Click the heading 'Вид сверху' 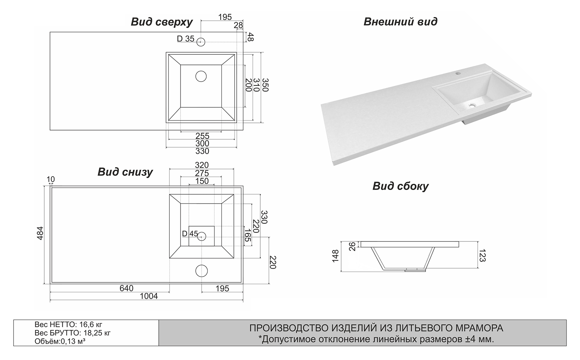161,22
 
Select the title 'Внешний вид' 400,22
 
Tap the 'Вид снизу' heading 125,172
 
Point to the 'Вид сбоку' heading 400,186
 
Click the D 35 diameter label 186,39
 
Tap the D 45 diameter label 190,234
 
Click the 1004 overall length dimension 149,296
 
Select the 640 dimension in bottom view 126,288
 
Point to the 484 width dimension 40,233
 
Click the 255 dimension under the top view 202,136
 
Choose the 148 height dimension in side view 335,256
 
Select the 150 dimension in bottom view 202,181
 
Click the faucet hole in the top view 201,42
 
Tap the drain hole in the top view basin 201,76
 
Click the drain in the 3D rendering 472,105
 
